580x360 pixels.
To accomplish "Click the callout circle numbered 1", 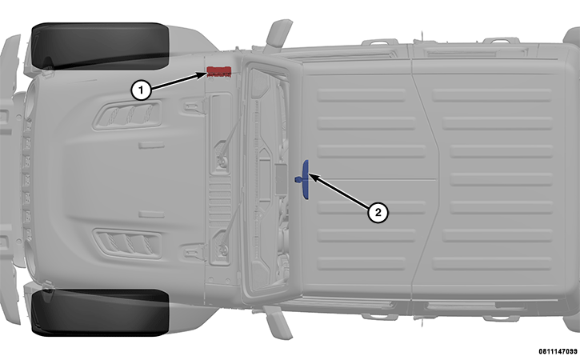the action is tap(141, 90).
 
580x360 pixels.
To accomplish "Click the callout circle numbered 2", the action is tap(378, 212).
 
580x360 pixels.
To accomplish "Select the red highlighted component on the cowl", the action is tap(218, 72).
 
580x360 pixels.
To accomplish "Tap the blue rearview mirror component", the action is tap(305, 179).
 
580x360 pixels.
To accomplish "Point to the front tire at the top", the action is tap(100, 46).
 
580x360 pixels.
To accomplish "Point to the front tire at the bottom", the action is tap(100, 313).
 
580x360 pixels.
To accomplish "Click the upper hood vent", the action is tap(128, 115).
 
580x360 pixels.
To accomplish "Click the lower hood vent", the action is tap(128, 243).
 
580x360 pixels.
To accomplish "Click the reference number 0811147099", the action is tap(558, 351).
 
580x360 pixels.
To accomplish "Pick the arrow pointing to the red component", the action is tap(179, 82).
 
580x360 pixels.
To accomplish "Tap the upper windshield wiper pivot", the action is tap(222, 162).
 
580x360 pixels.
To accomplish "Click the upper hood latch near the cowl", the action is tap(193, 107).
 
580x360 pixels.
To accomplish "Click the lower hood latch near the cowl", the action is tap(193, 252).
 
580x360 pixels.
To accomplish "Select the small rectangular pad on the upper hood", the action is tap(152, 145).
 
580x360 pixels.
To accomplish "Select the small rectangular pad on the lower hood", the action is tap(152, 214).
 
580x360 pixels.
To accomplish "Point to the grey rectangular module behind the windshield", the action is tap(281, 179).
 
